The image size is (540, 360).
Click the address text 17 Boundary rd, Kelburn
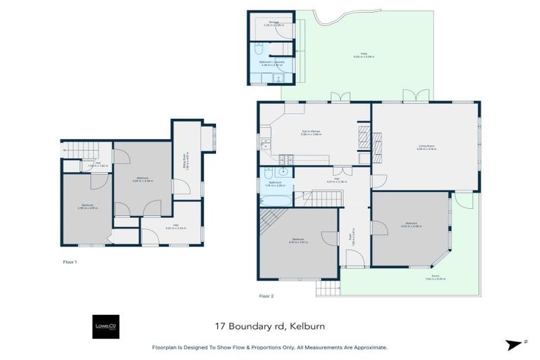coord(269,326)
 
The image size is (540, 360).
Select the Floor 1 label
coord(70,261)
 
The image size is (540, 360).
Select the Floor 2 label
coord(266,296)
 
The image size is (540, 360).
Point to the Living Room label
coord(427,148)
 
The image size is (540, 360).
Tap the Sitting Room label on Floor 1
coord(186,163)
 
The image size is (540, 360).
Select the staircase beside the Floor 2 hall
coord(325,198)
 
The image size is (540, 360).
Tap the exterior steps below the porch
coord(326,288)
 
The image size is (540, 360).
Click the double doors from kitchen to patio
coord(341,97)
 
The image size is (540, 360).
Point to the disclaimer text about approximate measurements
coord(269,347)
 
